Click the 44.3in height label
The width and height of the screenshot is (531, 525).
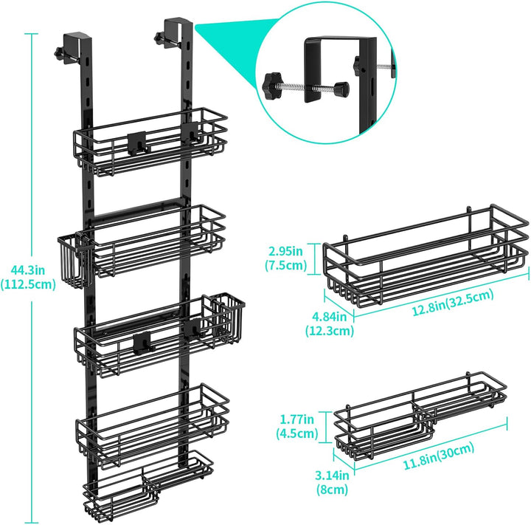27,271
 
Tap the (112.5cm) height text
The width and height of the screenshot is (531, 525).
28,284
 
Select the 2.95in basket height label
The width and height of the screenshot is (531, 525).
285,251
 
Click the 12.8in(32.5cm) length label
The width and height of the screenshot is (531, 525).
453,303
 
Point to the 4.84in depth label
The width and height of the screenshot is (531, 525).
329,317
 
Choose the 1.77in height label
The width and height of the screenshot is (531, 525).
296,419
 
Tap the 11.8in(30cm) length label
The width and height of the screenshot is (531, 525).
438,457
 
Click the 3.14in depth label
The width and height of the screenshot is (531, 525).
332,476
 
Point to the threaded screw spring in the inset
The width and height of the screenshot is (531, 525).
307,87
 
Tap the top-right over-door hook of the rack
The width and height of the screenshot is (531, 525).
175,32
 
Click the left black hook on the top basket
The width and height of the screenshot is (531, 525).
137,143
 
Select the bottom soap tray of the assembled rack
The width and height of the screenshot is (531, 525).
148,486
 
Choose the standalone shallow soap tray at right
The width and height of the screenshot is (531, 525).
420,415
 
